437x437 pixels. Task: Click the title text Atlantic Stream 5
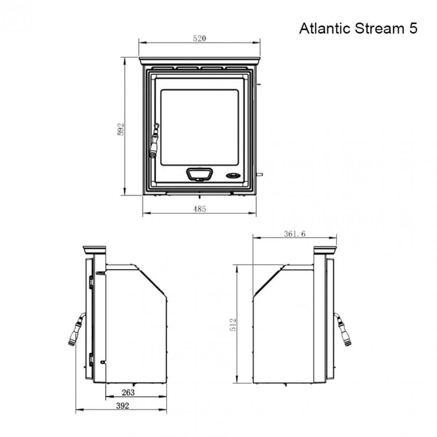[x=358, y=28]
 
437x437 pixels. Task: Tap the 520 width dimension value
[x=200, y=38]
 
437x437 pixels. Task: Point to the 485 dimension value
[x=200, y=209]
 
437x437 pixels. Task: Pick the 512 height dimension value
[x=233, y=324]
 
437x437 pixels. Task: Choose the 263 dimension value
[x=128, y=393]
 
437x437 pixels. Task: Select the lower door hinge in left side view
[x=91, y=359]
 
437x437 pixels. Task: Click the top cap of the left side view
[x=95, y=250]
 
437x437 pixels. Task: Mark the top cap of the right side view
[x=325, y=250]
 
